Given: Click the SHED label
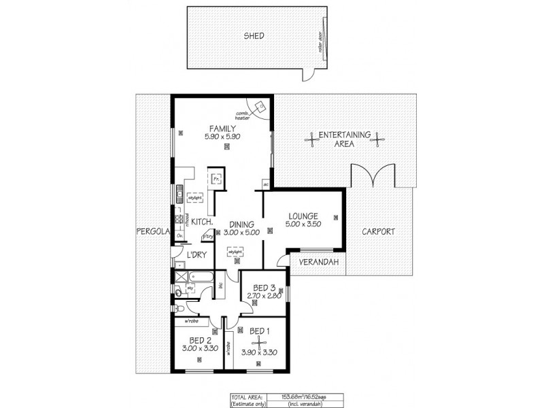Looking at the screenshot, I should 254,36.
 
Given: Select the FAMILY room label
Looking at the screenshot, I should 222,128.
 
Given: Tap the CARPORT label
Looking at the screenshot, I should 379,231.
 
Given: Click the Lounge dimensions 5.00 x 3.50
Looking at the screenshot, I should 301,225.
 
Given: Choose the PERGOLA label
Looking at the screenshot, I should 151,231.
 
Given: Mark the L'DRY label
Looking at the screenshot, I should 197,255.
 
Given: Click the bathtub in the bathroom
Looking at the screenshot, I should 202,277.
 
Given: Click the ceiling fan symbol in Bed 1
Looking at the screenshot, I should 258,344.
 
